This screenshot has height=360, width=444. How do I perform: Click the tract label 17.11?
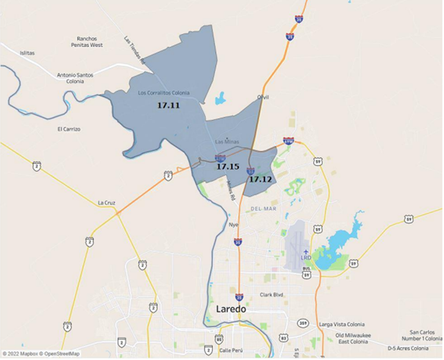pos(168,105)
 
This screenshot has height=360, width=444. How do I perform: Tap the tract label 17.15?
pos(227,167)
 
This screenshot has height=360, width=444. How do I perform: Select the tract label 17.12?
pos(260,179)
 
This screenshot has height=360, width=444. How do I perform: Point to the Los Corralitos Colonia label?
pos(164,93)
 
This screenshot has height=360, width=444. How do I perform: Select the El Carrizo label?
pos(69,129)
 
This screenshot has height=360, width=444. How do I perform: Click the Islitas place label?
pos(27,53)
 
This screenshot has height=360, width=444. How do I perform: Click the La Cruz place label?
pos(107,203)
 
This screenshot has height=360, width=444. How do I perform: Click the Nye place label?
pos(233,225)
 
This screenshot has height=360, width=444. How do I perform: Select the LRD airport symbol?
pos(306,252)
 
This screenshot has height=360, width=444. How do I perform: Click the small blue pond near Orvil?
pos(221,98)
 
